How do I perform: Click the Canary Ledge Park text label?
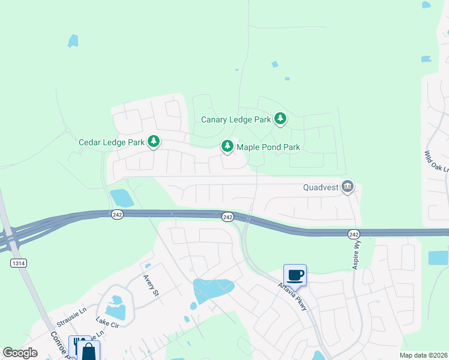pyautogui.click(x=236, y=119)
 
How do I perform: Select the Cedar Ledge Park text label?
pyautogui.click(x=112, y=142)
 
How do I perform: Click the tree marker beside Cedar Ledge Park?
pyautogui.click(x=154, y=142)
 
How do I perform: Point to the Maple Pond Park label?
pyautogui.click(x=268, y=146)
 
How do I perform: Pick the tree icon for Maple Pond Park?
pyautogui.click(x=228, y=146)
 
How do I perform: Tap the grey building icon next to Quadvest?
pyautogui.click(x=347, y=187)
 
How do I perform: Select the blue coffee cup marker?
pyautogui.click(x=295, y=275)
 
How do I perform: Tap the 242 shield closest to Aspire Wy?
pyautogui.click(x=354, y=233)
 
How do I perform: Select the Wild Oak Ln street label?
pyautogui.click(x=436, y=161)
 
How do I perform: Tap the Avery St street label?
pyautogui.click(x=151, y=286)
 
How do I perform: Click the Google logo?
pyautogui.click(x=20, y=353)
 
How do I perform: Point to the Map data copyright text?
pyautogui.click(x=423, y=355)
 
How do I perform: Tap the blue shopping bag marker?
pyautogui.click(x=88, y=351)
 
